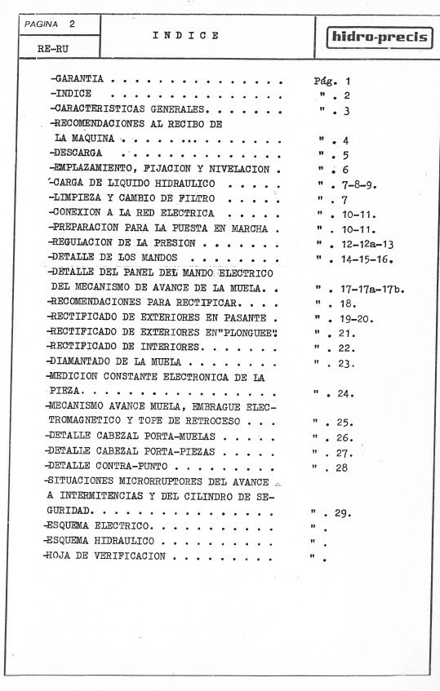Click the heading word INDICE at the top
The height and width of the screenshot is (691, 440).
point(185,36)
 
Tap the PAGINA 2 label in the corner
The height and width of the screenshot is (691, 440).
point(50,24)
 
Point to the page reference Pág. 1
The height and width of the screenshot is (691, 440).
point(331,82)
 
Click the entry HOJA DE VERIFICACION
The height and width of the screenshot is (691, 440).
point(107,556)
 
